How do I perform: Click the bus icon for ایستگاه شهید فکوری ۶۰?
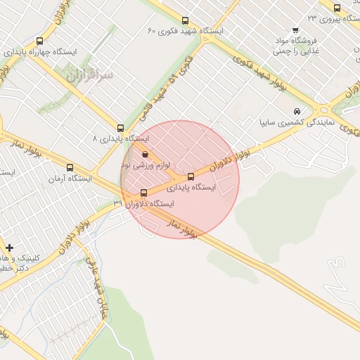click(185, 20)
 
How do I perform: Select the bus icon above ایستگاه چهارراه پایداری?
click(39, 41)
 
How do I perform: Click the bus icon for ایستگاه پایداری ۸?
click(120, 129)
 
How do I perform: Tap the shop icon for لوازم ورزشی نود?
click(145, 154)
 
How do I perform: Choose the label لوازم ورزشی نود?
click(146, 165)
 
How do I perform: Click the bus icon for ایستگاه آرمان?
click(70, 167)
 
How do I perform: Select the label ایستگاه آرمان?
click(70, 179)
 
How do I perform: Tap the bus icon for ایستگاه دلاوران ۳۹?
click(144, 193)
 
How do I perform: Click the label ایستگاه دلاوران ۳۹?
click(143, 204)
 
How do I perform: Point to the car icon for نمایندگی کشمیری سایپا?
click(297, 111)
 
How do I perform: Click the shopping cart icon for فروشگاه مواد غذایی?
click(295, 30)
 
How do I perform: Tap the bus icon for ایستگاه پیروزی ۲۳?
click(337, 8)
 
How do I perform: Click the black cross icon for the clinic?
click(9, 247)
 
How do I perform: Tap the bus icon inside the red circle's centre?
click(191, 176)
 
